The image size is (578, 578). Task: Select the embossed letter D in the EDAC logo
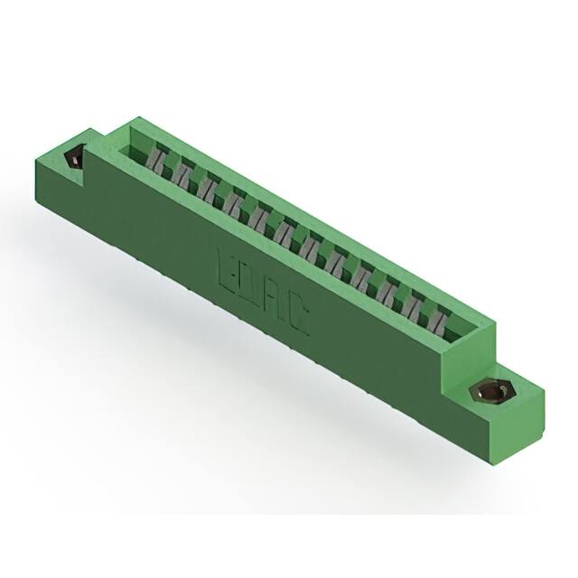pos(249,284)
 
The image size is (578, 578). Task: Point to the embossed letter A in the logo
pos(274,301)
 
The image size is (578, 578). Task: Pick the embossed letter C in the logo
pos(298,318)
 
